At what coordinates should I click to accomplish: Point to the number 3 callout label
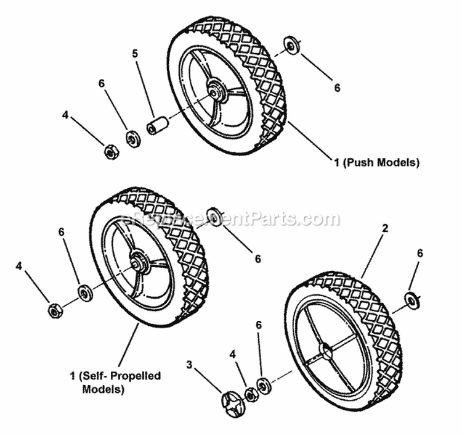(x=189, y=365)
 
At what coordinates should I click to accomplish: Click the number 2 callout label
(x=385, y=228)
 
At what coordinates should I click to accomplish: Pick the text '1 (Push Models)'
(x=376, y=163)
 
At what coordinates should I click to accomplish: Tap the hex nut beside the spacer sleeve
(x=110, y=151)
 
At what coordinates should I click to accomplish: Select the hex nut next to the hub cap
(x=251, y=393)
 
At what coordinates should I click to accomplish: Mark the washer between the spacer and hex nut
(x=131, y=138)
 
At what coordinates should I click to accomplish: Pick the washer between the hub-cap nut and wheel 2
(x=265, y=384)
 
